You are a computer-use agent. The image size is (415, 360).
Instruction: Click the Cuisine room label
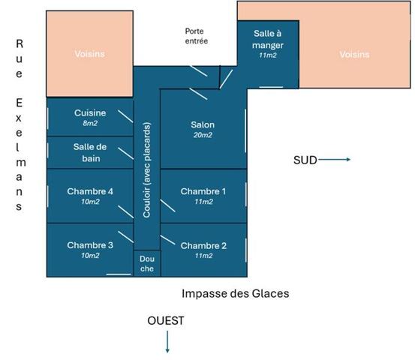pyautogui.click(x=90, y=113)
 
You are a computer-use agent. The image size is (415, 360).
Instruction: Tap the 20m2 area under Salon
pyautogui.click(x=203, y=135)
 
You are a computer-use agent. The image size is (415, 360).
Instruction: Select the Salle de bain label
pyautogui.click(x=90, y=152)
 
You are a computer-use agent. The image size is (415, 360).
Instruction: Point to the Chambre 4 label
pyautogui.click(x=90, y=191)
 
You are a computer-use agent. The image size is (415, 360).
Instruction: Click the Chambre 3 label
pyautogui.click(x=90, y=245)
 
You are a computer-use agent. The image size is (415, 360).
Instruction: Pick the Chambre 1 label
pyautogui.click(x=203, y=191)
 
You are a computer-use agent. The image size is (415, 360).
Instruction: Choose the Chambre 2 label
pyautogui.click(x=203, y=246)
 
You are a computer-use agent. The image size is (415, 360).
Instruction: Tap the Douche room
pyautogui.click(x=147, y=263)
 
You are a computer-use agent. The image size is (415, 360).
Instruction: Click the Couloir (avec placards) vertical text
pyautogui.click(x=146, y=169)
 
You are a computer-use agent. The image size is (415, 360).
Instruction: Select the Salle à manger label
pyautogui.click(x=268, y=40)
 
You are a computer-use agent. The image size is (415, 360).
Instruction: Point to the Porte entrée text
pyautogui.click(x=197, y=36)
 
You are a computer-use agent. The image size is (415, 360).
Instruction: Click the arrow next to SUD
pyautogui.click(x=335, y=160)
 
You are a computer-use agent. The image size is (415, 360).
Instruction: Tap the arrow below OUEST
pyautogui.click(x=167, y=342)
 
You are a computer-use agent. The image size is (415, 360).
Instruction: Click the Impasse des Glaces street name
pyautogui.click(x=236, y=293)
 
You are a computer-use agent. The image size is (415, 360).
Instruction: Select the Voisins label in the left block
pyautogui.click(x=90, y=54)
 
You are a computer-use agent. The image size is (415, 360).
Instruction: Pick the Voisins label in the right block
pyautogui.click(x=354, y=55)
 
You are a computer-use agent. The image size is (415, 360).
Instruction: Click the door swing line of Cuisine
pyautogui.click(x=125, y=116)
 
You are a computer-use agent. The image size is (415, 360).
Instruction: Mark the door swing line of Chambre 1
pyautogui.click(x=168, y=205)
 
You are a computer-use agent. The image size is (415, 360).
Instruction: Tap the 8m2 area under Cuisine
pyautogui.click(x=90, y=123)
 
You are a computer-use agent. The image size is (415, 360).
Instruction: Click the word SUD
pyautogui.click(x=305, y=160)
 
